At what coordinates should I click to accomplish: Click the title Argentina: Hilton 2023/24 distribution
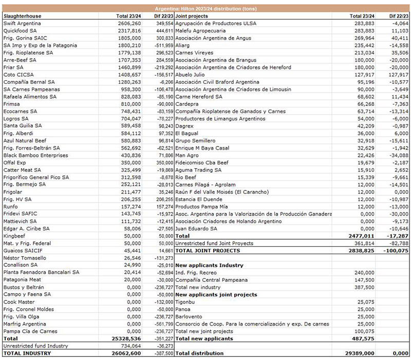pyautogui.click(x=206, y=9)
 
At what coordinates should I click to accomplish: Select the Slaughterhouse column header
pyautogui.click(x=22, y=16)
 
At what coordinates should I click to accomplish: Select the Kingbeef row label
pyautogui.click(x=14, y=236)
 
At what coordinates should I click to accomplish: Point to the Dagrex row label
pyautogui.click(x=183, y=126)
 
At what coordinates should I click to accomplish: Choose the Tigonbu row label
pyautogui.click(x=186, y=302)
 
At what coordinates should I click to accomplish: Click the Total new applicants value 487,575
pyautogui.click(x=363, y=339)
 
